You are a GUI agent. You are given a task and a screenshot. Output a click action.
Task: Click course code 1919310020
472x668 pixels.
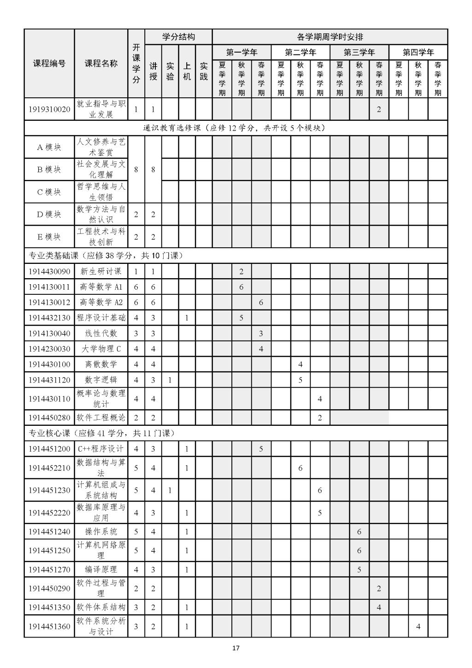click(49, 109)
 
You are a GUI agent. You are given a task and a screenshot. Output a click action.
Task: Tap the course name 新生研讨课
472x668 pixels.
click(101, 271)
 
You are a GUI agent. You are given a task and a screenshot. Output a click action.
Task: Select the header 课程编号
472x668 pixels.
click(49, 64)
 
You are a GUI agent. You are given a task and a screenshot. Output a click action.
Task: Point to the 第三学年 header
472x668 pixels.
click(359, 52)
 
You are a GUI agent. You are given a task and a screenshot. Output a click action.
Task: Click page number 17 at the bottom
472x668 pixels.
click(236, 648)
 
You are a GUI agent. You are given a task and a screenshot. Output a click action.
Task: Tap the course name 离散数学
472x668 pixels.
click(101, 364)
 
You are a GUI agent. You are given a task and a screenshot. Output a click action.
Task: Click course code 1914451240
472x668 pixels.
click(49, 531)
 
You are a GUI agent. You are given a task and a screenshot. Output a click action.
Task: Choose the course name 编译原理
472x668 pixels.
click(101, 569)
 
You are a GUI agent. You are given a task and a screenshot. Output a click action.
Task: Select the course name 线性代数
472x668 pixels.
click(101, 334)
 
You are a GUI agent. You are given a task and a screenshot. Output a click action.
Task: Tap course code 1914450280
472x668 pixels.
click(49, 418)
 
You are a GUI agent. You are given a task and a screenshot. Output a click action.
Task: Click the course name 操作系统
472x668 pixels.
click(101, 531)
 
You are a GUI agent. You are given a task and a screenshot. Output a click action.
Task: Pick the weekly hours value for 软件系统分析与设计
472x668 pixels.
click(418, 626)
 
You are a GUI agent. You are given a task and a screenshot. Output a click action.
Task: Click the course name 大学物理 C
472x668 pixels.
click(101, 349)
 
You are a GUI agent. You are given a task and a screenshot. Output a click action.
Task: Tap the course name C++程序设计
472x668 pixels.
click(101, 449)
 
